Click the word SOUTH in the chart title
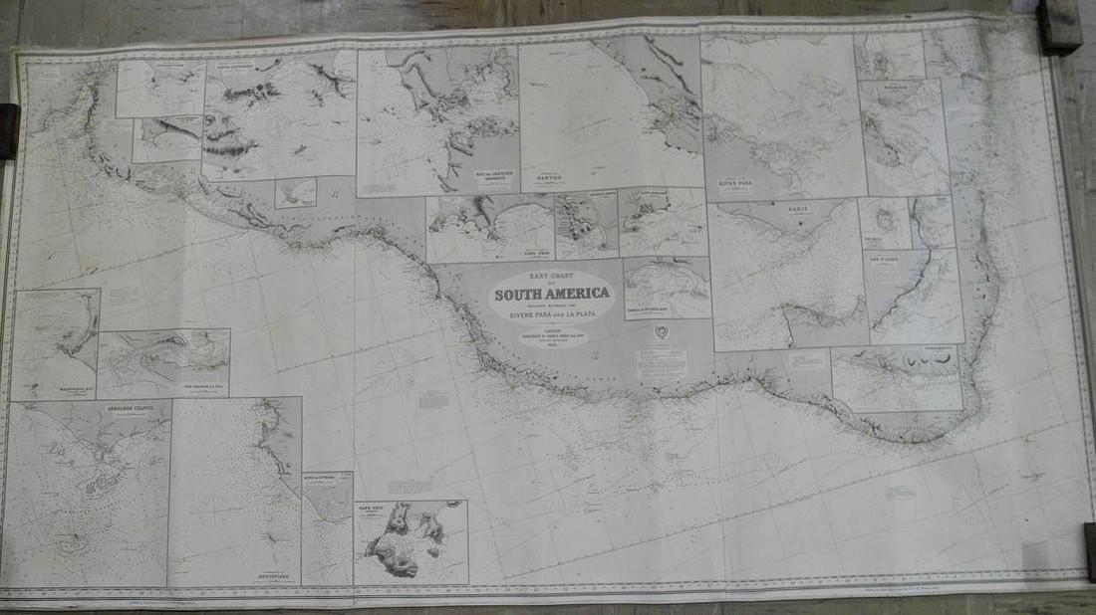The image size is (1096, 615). (x=519, y=294)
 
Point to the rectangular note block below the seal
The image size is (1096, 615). (x=661, y=362)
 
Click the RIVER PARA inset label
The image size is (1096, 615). (x=735, y=184)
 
